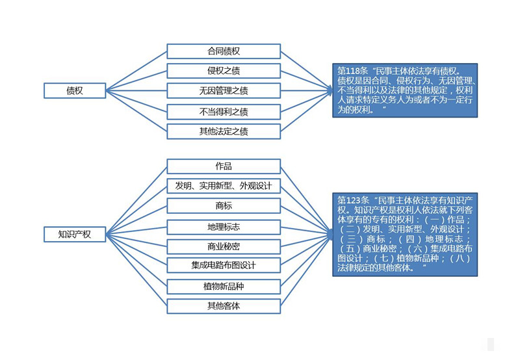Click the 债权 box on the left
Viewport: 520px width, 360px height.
pyautogui.click(x=75, y=91)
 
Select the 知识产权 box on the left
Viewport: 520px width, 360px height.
pyautogui.click(x=75, y=235)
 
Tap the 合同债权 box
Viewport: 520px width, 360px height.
pyautogui.click(x=224, y=51)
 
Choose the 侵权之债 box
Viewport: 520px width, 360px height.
pyautogui.click(x=224, y=71)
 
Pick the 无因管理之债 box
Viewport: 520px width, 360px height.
pyautogui.click(x=224, y=91)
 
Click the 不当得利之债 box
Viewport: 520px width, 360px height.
pyautogui.click(x=224, y=111)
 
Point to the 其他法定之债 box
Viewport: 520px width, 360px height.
pyautogui.click(x=224, y=131)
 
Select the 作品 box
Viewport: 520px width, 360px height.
pyautogui.click(x=224, y=166)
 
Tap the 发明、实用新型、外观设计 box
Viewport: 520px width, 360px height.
pyautogui.click(x=224, y=186)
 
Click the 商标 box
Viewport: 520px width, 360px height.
pyautogui.click(x=224, y=206)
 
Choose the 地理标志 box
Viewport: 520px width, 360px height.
pyautogui.click(x=224, y=227)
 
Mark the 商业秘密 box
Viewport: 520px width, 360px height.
pyautogui.click(x=224, y=246)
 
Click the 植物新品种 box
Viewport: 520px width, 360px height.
pyautogui.click(x=224, y=286)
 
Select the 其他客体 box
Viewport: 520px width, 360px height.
pyautogui.click(x=224, y=305)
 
